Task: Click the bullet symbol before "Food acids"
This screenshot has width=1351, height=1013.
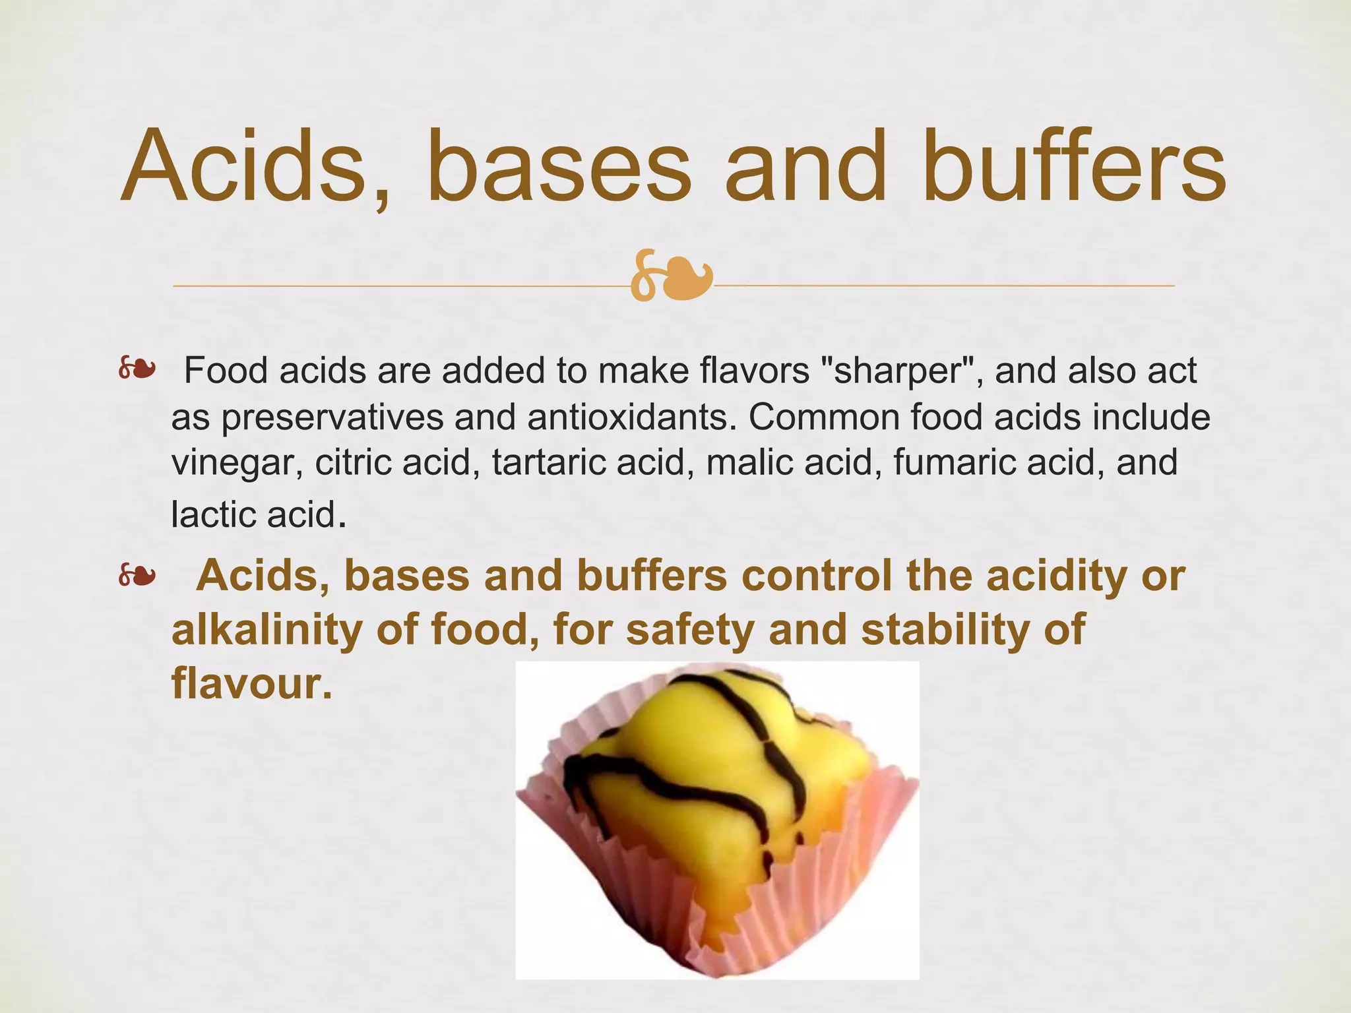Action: pyautogui.click(x=137, y=370)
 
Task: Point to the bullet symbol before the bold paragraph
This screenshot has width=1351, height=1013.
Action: pyautogui.click(x=137, y=577)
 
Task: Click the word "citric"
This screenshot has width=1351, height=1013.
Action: pyautogui.click(x=354, y=462)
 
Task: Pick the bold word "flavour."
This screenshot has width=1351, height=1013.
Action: pyautogui.click(x=251, y=683)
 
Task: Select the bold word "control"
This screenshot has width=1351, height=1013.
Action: pyautogui.click(x=816, y=576)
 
